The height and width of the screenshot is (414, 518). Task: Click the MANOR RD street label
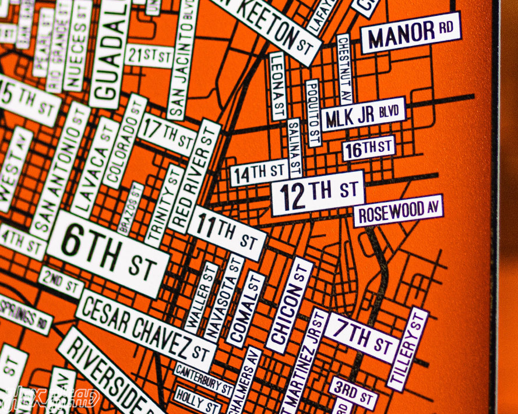tap(410, 33)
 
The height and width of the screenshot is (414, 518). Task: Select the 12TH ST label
tap(318, 193)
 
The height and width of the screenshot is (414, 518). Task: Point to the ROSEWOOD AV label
tap(398, 211)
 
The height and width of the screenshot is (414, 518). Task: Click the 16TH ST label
tap(368, 148)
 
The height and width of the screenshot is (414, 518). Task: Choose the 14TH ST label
tap(259, 173)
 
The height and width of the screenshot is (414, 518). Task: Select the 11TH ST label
tap(227, 232)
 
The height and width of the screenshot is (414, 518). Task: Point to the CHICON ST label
tap(290, 305)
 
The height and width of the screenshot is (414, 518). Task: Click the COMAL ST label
tap(245, 309)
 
